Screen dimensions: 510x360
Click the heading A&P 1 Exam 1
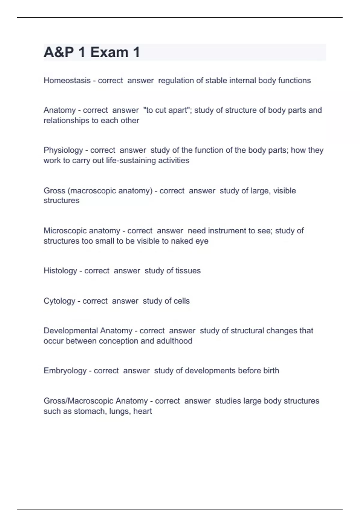point(92,52)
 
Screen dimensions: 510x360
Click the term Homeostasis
point(67,80)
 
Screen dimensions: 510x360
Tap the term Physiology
point(63,150)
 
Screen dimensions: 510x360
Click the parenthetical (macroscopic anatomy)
point(110,191)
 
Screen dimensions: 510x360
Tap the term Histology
point(60,271)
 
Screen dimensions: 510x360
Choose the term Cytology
point(59,301)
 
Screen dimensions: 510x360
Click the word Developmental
point(71,331)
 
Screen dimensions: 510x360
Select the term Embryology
point(65,371)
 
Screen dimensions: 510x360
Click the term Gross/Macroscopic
point(79,401)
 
